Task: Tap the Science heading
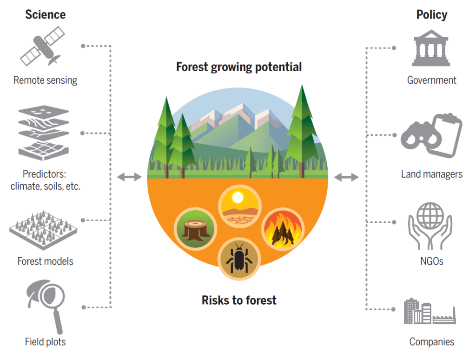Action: (x=45, y=14)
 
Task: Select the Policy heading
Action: (x=432, y=14)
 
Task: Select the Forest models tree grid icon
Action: (x=43, y=230)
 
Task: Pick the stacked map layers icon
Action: (x=44, y=133)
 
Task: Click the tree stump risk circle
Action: (x=196, y=229)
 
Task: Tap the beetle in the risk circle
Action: (x=239, y=259)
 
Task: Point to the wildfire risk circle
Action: (x=283, y=229)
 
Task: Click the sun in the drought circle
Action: (x=238, y=198)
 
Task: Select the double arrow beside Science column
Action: (x=129, y=177)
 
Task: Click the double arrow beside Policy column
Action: (x=346, y=177)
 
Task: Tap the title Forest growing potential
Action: (x=239, y=67)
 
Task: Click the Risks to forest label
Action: (x=239, y=300)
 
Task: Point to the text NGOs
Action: (x=432, y=261)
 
